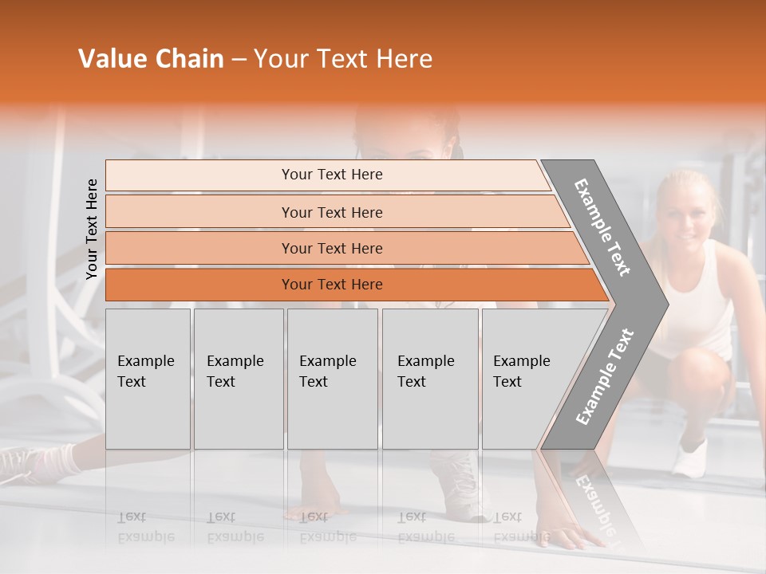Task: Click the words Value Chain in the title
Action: tap(151, 59)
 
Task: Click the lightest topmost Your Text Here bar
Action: tap(331, 175)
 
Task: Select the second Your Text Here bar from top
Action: tap(331, 212)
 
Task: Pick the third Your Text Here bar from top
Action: tap(331, 248)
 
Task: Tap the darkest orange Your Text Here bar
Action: tap(331, 285)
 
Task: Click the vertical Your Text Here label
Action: tap(92, 229)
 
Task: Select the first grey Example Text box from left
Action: tap(148, 378)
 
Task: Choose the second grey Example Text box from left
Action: tap(238, 378)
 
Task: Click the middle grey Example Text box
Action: tap(332, 378)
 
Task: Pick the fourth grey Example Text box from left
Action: tap(429, 378)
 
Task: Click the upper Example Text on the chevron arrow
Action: tap(603, 227)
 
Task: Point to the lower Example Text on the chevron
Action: tap(605, 376)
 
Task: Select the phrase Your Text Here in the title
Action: tap(342, 59)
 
